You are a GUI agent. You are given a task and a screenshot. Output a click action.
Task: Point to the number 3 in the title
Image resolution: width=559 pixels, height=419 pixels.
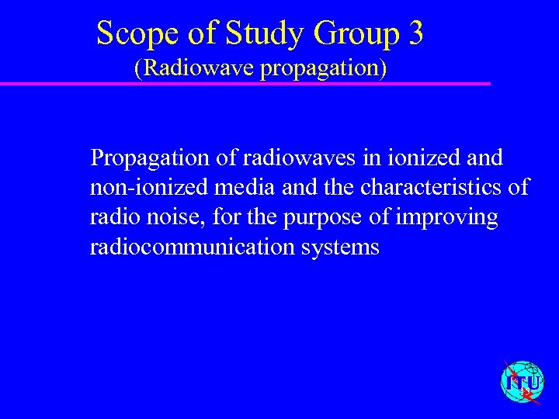pyautogui.click(x=415, y=33)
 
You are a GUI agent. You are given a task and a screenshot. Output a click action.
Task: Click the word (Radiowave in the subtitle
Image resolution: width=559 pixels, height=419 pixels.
pyautogui.click(x=194, y=68)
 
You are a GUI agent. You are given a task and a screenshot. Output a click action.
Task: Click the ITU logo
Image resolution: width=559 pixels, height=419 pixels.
pyautogui.click(x=522, y=383)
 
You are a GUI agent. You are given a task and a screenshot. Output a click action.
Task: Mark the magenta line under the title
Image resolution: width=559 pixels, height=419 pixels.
pyautogui.click(x=245, y=83)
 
